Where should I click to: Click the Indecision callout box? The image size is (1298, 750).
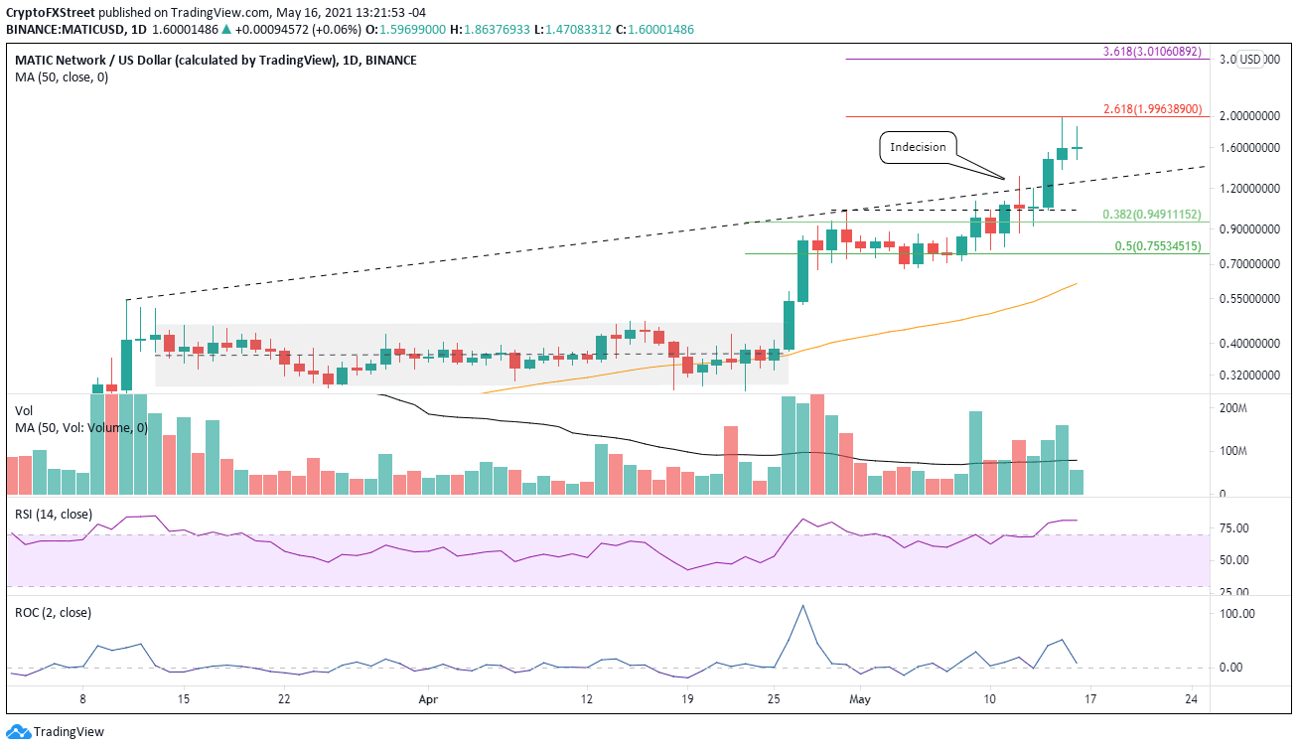point(918,147)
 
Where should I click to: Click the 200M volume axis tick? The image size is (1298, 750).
point(1233,408)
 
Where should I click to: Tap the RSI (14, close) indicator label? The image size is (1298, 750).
point(54,514)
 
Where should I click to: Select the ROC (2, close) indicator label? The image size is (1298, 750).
point(53,612)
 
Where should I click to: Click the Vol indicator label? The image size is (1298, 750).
point(24,409)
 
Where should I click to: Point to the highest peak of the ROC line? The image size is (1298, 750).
point(802,605)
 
